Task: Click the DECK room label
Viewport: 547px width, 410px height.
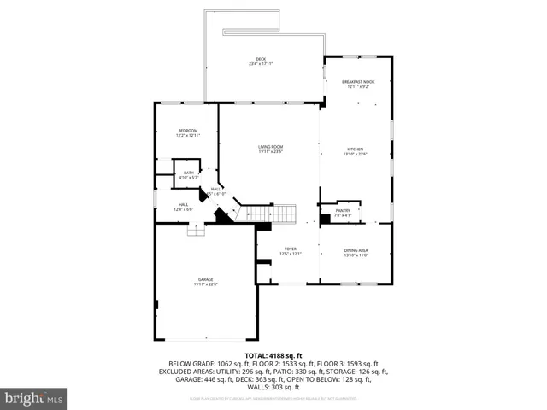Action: pos(262,59)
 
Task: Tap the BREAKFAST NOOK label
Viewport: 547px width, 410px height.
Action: pos(358,81)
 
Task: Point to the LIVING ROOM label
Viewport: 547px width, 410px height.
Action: pos(271,147)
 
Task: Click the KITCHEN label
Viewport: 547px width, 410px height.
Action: pos(355,148)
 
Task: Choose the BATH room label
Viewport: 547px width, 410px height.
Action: pos(188,173)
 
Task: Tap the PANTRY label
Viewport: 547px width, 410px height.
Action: pos(341,212)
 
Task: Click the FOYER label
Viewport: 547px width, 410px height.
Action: pos(290,249)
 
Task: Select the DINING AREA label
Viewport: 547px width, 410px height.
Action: pos(356,250)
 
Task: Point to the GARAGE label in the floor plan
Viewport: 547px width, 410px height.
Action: pos(205,280)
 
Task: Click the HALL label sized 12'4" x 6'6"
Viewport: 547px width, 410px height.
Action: pos(184,204)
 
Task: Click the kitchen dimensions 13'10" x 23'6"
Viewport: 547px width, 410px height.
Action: pos(355,154)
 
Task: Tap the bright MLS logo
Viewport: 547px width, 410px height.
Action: pos(34,398)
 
